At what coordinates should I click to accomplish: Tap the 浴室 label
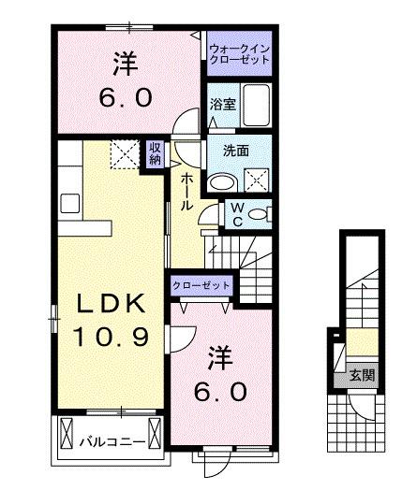pyautogui.click(x=222, y=106)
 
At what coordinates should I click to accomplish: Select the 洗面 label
pyautogui.click(x=235, y=150)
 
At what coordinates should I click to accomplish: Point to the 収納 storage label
pyautogui.click(x=154, y=153)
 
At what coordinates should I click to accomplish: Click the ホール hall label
pyautogui.click(x=186, y=191)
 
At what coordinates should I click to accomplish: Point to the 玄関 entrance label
pyautogui.click(x=362, y=375)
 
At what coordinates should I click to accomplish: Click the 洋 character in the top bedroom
pyautogui.click(x=127, y=65)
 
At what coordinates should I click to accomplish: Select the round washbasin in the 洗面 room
pyautogui.click(x=222, y=181)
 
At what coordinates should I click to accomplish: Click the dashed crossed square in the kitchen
pyautogui.click(x=123, y=153)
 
